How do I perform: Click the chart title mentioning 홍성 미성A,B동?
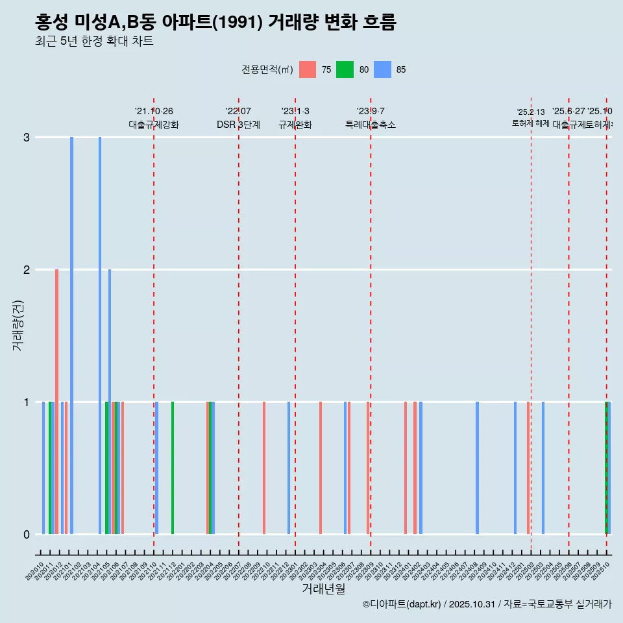tap(215, 23)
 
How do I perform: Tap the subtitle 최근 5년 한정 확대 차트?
tap(94, 42)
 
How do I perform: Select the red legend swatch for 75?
tap(308, 69)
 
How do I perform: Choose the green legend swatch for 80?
tap(345, 69)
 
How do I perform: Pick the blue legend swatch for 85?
tap(382, 69)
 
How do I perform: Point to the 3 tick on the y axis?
tap(27, 138)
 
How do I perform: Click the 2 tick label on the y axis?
tap(27, 270)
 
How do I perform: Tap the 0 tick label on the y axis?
tap(27, 535)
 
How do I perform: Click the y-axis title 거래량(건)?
tap(18, 324)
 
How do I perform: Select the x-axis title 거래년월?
tap(323, 589)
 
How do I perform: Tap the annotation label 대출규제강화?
tap(154, 125)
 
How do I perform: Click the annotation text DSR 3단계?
tap(238, 125)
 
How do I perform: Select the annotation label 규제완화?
tap(295, 125)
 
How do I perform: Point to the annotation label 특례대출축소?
tap(371, 125)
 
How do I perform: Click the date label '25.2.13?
tap(531, 112)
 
